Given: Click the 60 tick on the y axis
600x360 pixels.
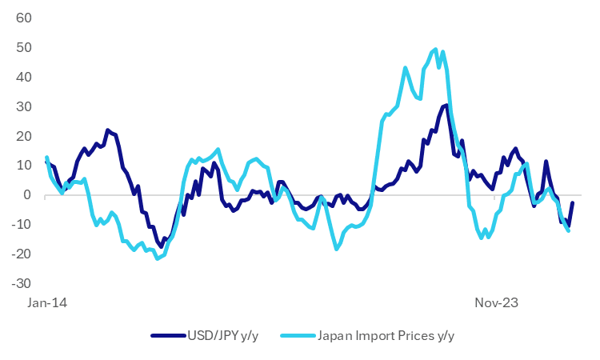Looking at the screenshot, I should click(24, 18).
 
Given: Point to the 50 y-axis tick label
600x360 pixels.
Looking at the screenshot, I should click(24, 47).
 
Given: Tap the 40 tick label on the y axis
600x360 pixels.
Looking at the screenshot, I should click(24, 77).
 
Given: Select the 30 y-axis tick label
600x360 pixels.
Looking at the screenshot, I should click(24, 106).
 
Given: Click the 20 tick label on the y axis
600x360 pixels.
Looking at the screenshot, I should click(24, 136).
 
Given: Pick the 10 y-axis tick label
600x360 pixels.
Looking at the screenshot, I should click(24, 166).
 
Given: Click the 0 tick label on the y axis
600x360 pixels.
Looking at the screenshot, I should click(27, 195).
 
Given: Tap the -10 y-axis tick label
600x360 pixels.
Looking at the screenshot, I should click(22, 225).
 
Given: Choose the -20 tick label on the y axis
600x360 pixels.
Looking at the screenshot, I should click(22, 254).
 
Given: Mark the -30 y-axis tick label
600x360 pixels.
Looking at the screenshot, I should click(22, 284).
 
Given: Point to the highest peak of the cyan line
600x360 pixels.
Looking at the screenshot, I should click(435, 50).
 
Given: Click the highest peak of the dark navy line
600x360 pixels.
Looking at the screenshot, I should click(446, 105).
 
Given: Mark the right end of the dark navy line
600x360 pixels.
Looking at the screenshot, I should click(573, 202).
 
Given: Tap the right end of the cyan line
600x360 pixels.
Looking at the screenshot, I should click(568, 230).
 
